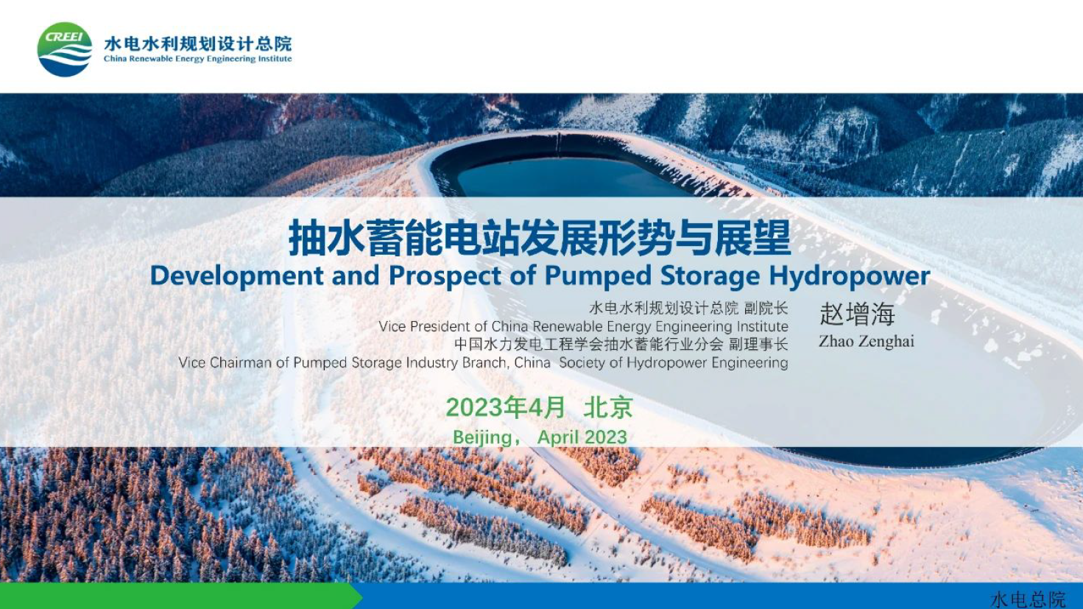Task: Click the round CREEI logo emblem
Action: tap(65, 49)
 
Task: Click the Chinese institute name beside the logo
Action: tap(198, 44)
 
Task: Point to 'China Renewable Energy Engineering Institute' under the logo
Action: tap(198, 59)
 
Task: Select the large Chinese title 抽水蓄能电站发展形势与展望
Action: tap(540, 238)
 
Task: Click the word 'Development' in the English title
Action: tap(237, 276)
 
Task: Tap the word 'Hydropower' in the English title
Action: tap(850, 276)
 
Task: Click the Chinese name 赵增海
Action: tap(857, 314)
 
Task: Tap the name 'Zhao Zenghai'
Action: tap(867, 342)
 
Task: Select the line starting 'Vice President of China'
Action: tap(583, 326)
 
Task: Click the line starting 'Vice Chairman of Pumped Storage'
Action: tap(483, 363)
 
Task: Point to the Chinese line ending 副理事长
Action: tap(621, 345)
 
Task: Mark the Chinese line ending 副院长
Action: tap(688, 308)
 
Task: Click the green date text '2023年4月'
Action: tap(505, 407)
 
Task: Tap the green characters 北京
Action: tap(608, 407)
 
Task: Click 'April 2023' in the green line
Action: tap(582, 437)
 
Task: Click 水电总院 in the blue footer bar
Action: tap(1028, 600)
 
